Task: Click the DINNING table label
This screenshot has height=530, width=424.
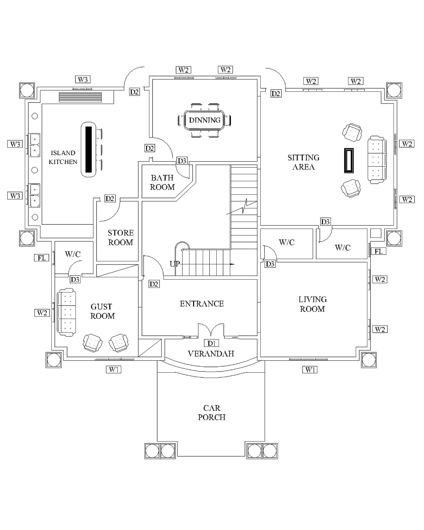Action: point(204,120)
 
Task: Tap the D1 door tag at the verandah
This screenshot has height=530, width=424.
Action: point(211,343)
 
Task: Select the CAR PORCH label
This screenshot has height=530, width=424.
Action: point(212,412)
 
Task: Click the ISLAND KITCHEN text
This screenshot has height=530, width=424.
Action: point(63,157)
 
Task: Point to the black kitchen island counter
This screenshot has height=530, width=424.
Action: point(88,149)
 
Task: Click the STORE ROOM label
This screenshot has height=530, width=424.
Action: point(121,238)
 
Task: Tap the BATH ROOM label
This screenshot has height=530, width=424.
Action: point(162,183)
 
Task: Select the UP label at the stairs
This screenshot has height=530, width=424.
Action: point(175,264)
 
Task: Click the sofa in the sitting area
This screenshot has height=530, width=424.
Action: point(377,160)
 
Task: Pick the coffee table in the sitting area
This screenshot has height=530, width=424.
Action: point(349,160)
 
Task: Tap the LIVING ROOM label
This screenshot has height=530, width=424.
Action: point(312,304)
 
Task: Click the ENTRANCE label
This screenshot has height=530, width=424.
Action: point(202,304)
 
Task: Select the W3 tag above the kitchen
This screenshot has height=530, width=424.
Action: point(83,79)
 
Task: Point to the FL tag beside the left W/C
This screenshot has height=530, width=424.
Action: point(41,258)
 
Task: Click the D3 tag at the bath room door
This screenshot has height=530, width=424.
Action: point(182,161)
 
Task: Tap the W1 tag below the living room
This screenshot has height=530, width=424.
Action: point(310,370)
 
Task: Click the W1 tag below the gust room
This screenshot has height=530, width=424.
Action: point(114,369)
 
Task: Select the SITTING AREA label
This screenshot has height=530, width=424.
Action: point(303,162)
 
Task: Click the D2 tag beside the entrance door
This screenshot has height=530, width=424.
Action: point(154,284)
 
